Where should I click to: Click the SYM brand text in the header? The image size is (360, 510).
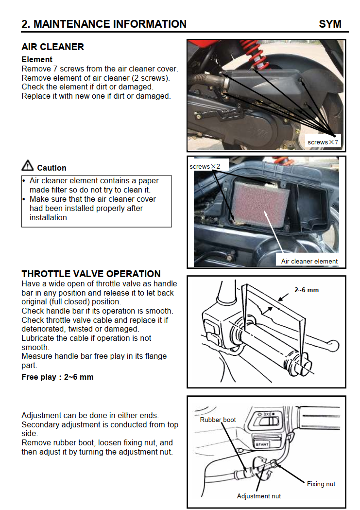click(x=330, y=24)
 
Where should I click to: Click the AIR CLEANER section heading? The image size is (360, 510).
click(x=52, y=47)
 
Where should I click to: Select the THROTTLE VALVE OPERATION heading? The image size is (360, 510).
click(x=91, y=274)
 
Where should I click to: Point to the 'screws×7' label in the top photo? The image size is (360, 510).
click(x=323, y=142)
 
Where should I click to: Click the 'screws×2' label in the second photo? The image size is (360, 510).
click(x=205, y=166)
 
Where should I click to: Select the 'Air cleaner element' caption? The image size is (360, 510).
click(x=309, y=261)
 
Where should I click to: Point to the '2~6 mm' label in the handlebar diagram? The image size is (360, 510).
click(x=307, y=290)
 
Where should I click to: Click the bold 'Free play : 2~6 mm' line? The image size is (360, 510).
click(x=57, y=377)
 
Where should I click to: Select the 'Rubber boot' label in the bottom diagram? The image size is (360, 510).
click(x=218, y=420)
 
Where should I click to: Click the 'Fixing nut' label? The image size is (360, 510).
click(x=321, y=484)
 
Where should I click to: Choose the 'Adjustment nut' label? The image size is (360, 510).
click(x=258, y=496)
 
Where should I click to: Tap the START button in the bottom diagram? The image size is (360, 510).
click(x=262, y=443)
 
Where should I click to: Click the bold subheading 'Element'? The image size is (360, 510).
click(x=37, y=60)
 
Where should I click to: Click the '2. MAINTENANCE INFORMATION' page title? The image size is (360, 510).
click(x=104, y=24)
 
